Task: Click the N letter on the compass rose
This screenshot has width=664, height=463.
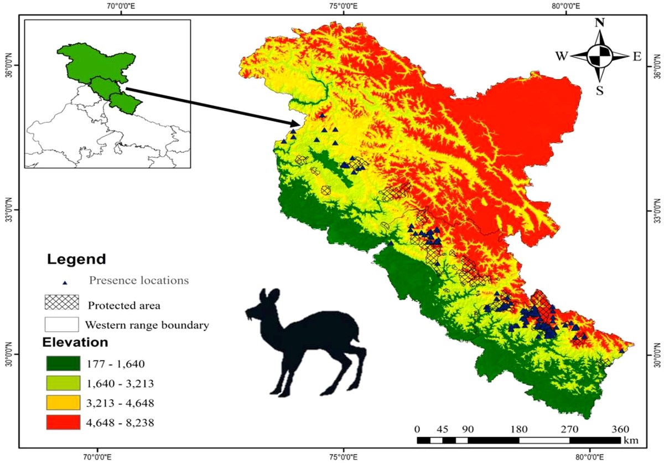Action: (599, 23)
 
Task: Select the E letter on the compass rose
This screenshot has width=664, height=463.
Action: (636, 56)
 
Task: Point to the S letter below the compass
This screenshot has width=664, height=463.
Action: (599, 90)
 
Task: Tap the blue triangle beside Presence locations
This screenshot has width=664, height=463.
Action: (65, 282)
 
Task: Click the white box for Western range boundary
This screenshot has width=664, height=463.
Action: (61, 324)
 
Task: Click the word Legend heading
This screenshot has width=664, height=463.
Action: (76, 259)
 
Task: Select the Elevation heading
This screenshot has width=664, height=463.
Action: (77, 342)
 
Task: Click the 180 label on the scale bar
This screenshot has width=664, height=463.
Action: (518, 429)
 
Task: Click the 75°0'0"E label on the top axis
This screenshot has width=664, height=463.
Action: (343, 7)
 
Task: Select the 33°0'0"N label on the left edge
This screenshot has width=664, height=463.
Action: (8, 210)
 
